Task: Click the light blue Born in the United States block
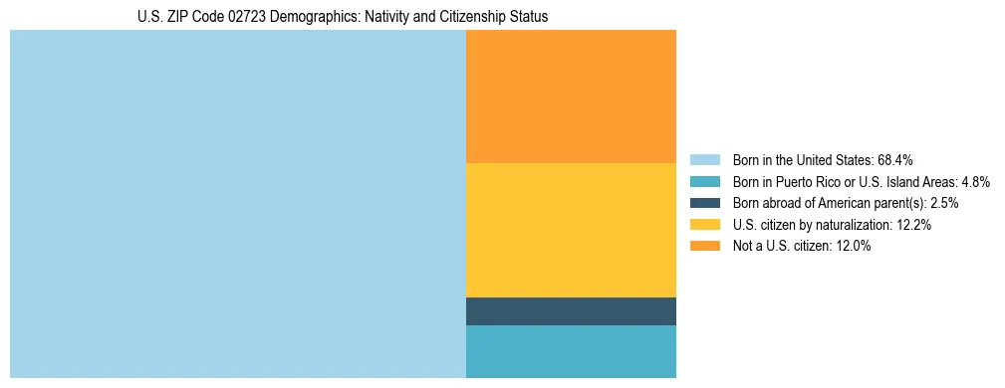[x=237, y=203]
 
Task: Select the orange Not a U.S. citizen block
[x=571, y=96]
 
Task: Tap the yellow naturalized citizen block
[x=571, y=230]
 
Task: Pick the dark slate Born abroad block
[x=571, y=311]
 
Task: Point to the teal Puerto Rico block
[x=571, y=351]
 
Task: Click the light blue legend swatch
[x=704, y=159]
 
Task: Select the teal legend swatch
[x=704, y=181]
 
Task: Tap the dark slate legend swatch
[x=704, y=203]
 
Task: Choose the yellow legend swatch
[x=704, y=225]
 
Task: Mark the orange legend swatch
[x=704, y=247]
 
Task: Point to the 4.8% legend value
[x=975, y=181]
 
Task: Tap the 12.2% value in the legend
[x=913, y=225]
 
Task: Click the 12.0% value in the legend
[x=854, y=247]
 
